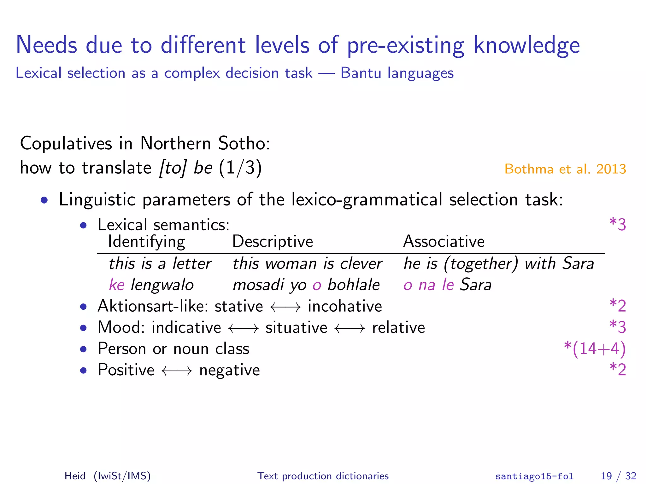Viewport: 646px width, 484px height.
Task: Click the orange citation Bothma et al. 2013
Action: (x=565, y=169)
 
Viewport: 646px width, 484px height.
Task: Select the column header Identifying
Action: (x=146, y=242)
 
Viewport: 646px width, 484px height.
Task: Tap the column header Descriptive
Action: (x=273, y=242)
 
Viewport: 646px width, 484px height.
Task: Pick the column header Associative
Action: (x=443, y=242)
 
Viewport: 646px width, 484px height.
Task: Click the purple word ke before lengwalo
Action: (x=117, y=285)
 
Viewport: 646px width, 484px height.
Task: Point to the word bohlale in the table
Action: (x=353, y=285)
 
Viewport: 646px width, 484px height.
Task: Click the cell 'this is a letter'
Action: (x=160, y=263)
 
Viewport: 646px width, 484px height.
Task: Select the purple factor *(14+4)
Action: (x=594, y=349)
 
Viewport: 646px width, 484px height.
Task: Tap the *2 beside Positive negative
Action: (x=617, y=370)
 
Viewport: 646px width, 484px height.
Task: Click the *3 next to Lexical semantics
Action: (x=617, y=224)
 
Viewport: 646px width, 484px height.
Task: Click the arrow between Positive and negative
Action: (x=177, y=371)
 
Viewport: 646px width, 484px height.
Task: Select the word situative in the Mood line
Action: (x=296, y=327)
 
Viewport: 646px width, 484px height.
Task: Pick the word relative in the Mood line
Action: (x=398, y=327)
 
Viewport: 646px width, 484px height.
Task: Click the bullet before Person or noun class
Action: (x=83, y=349)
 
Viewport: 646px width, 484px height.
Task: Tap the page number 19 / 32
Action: (x=618, y=476)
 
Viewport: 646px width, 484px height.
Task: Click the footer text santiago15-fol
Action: (x=534, y=476)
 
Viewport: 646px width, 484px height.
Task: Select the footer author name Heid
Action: (x=75, y=476)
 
